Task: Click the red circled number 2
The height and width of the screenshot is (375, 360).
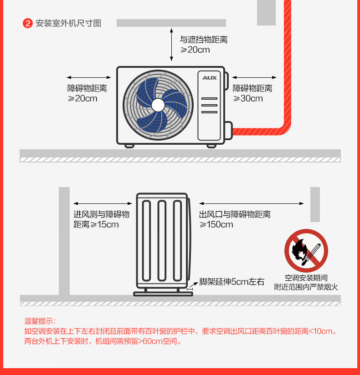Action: [28, 23]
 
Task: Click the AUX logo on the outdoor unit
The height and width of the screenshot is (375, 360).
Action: [210, 77]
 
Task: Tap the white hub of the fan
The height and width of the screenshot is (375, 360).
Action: [158, 105]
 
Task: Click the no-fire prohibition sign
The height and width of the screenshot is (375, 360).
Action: [306, 251]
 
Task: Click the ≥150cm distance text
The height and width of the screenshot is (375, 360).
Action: [216, 224]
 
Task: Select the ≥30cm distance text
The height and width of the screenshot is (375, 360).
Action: [248, 98]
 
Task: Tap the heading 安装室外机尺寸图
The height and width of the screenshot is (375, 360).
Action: [68, 23]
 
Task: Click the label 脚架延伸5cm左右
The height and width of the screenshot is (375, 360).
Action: [232, 282]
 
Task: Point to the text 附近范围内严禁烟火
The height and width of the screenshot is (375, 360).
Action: [306, 287]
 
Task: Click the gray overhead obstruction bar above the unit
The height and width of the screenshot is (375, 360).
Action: [171, 23]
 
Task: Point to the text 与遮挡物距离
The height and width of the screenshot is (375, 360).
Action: [204, 40]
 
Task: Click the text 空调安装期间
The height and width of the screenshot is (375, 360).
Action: [306, 278]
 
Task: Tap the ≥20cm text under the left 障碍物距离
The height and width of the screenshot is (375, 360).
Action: [82, 98]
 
